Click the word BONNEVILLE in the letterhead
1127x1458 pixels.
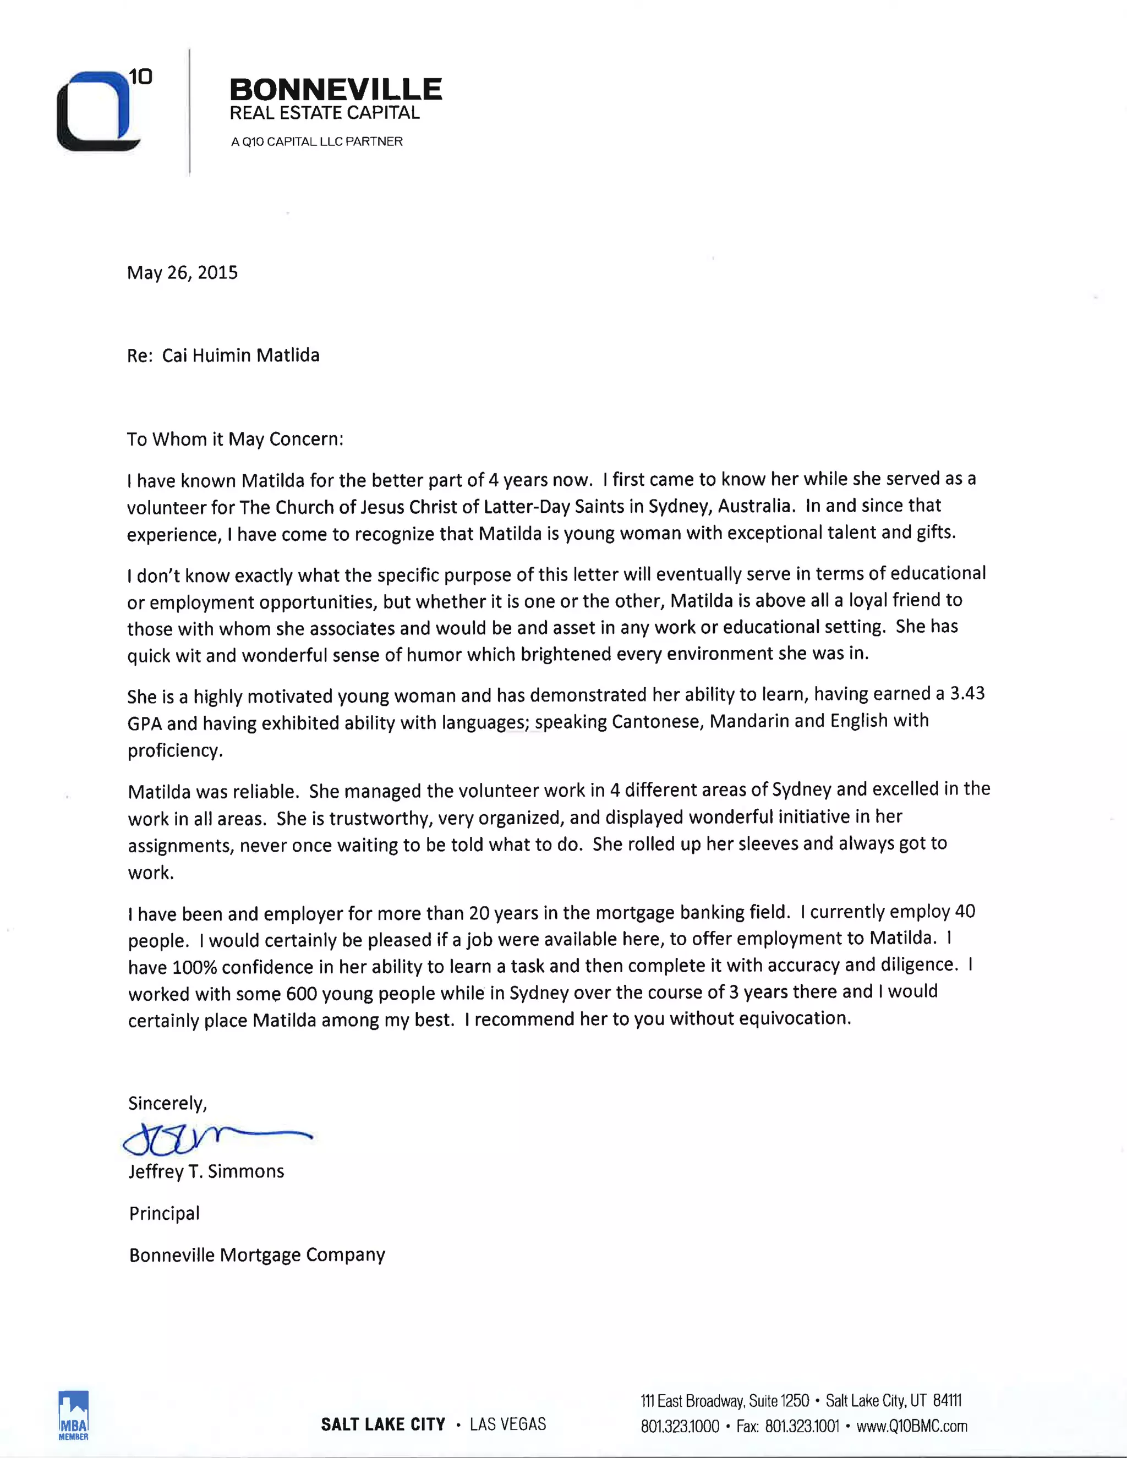click(335, 89)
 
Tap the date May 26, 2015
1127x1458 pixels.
click(182, 272)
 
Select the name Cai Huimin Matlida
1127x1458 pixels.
click(240, 355)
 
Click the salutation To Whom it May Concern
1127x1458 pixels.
click(235, 439)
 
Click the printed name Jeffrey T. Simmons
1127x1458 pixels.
click(206, 1171)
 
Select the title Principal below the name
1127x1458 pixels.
click(164, 1213)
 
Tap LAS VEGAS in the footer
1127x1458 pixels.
click(507, 1424)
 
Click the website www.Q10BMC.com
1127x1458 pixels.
click(911, 1427)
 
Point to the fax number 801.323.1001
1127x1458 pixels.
click(801, 1427)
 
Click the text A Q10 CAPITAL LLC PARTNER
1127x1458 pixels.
click(316, 141)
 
